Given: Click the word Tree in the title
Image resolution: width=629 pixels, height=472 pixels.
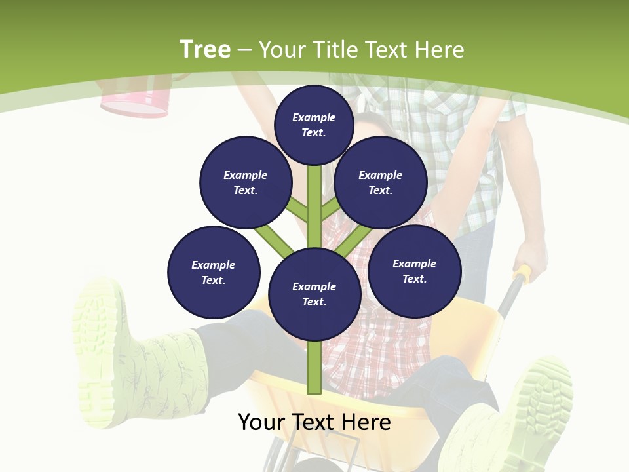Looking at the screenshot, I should (x=205, y=50).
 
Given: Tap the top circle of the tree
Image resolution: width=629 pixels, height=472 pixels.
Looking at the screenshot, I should (x=314, y=125).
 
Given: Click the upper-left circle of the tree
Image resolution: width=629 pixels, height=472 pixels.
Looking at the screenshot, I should (x=245, y=182).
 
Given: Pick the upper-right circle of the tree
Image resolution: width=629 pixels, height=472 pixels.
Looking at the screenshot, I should (x=380, y=182).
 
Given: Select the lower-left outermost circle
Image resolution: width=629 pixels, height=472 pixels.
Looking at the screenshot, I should (x=214, y=272).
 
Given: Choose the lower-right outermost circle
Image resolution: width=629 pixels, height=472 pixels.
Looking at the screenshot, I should (x=414, y=271).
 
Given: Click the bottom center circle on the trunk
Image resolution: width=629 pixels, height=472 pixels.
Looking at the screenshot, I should (x=314, y=294).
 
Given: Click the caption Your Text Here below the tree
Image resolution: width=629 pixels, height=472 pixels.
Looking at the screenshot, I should (x=314, y=422).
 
